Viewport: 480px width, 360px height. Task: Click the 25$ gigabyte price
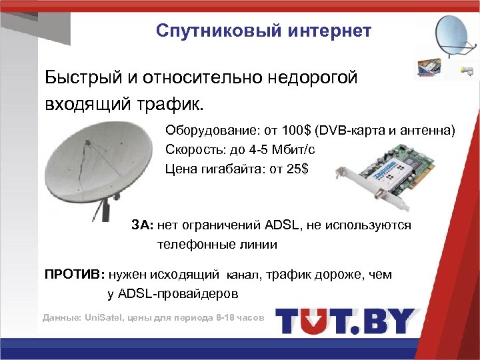[x=297, y=169]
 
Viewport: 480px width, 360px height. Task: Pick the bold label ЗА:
[x=142, y=225]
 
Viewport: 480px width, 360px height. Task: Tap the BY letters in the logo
[x=391, y=321]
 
